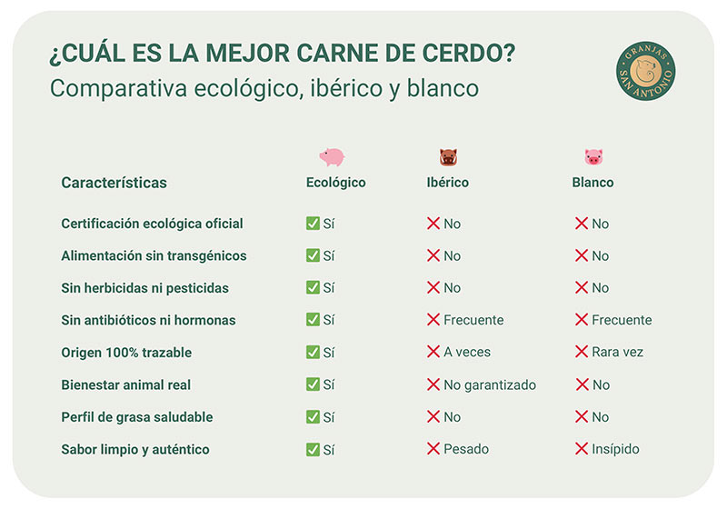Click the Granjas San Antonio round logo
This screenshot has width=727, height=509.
pos(645,71)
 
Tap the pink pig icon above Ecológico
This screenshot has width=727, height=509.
pos(332,157)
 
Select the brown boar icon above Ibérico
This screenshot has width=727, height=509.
pos(448,157)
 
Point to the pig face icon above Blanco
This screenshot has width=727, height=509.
pos(593,157)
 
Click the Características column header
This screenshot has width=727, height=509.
pos(115,183)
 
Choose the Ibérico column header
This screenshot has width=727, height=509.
pos(447,182)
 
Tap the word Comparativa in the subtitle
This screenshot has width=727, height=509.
pos(118,88)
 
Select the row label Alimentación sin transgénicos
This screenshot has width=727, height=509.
pos(154,256)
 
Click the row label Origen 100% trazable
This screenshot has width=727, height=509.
pos(126,353)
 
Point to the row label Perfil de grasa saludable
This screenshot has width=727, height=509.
pos(137,417)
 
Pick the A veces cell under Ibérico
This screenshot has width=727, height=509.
pos(467,352)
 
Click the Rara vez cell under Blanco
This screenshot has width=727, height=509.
pos(618,352)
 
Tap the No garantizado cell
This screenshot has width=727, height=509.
pos(490,384)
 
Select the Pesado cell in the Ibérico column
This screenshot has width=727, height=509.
pos(466,449)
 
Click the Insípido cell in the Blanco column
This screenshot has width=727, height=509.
pos(615,449)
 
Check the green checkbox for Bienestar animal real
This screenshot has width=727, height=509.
pos(313,384)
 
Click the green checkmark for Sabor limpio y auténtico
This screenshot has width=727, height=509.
pos(313,449)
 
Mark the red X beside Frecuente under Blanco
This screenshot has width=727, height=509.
pos(582,319)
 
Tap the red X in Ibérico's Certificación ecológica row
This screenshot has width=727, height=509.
pos(433,224)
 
